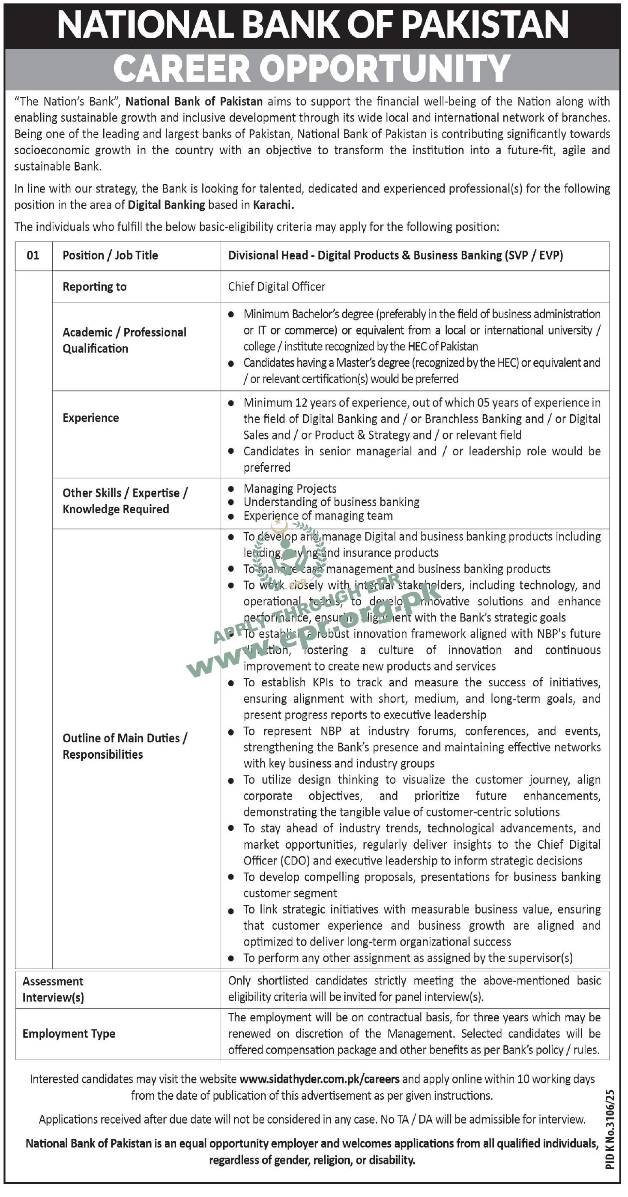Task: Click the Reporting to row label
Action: tap(94, 287)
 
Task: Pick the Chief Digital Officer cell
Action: tap(276, 287)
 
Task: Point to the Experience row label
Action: tap(90, 418)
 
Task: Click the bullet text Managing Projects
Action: tap(290, 488)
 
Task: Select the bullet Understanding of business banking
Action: tap(331, 502)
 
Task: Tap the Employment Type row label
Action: tap(69, 1033)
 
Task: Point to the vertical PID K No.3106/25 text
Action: tap(610, 1129)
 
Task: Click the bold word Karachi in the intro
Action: tap(273, 205)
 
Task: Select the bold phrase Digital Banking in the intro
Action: tap(166, 205)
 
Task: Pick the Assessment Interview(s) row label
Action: tap(53, 989)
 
